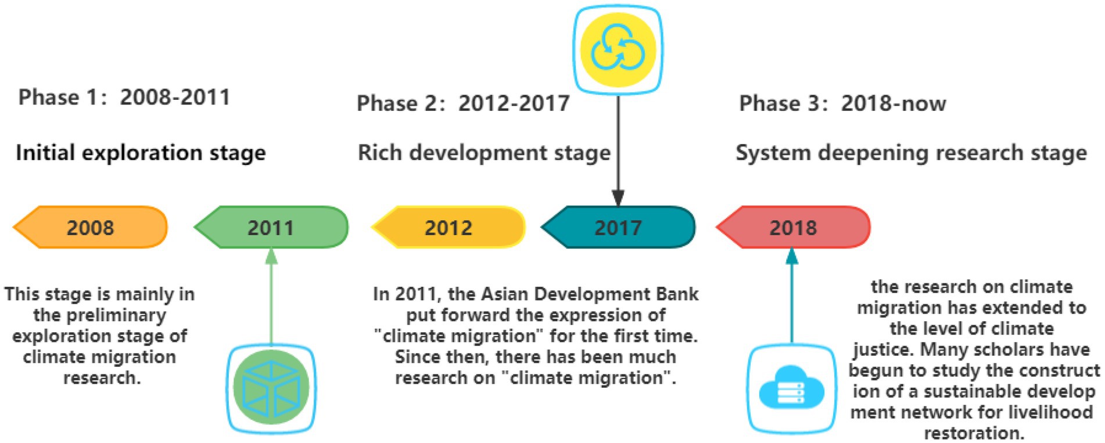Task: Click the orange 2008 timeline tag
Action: tap(91, 227)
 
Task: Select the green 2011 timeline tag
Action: tap(271, 227)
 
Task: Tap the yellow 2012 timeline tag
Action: tap(448, 227)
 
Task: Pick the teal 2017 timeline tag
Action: tap(618, 227)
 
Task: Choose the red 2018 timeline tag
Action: tap(793, 227)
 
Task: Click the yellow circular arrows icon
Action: tap(618, 49)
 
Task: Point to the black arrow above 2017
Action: tap(618, 150)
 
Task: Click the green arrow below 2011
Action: tap(271, 297)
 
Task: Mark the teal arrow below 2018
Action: tap(791, 297)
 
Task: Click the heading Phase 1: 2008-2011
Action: tap(124, 97)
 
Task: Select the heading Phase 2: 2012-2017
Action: tap(463, 103)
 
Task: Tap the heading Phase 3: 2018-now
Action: tap(842, 103)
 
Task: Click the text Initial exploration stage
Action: tap(141, 153)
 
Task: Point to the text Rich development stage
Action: tap(484, 153)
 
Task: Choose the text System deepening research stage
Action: tap(911, 153)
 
